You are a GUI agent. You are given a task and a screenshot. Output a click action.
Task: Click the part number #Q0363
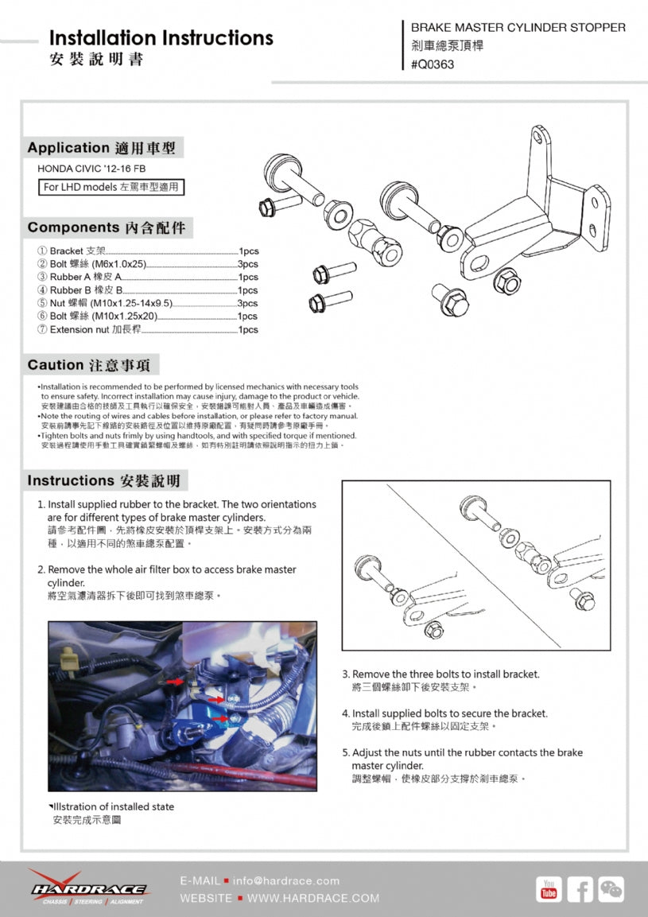tap(433, 64)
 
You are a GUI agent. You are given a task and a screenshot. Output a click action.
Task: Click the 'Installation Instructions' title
tap(161, 38)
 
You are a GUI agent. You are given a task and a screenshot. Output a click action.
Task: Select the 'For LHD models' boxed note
tap(111, 187)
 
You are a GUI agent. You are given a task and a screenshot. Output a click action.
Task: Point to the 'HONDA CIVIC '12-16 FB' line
tap(91, 169)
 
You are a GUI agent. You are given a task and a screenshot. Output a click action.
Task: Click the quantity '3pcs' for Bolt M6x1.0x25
tap(248, 264)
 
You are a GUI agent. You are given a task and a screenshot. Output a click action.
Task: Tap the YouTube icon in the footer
tap(549, 889)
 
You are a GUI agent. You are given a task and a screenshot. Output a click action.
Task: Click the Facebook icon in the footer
tap(580, 889)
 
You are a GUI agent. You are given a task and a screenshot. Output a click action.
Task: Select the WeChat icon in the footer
tap(611, 889)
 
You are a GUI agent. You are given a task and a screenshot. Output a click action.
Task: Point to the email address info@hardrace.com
tap(286, 880)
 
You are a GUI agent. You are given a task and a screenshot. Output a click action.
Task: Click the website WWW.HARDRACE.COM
tap(313, 898)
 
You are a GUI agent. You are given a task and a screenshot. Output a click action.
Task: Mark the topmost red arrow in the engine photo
tap(174, 682)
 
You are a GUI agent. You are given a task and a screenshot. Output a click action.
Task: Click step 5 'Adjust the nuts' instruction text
tap(462, 759)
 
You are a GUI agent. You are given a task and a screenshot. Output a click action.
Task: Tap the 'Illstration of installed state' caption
tap(111, 806)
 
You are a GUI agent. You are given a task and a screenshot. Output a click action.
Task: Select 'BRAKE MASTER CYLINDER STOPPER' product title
tap(518, 28)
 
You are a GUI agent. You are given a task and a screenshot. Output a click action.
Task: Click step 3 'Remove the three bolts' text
tap(441, 674)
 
